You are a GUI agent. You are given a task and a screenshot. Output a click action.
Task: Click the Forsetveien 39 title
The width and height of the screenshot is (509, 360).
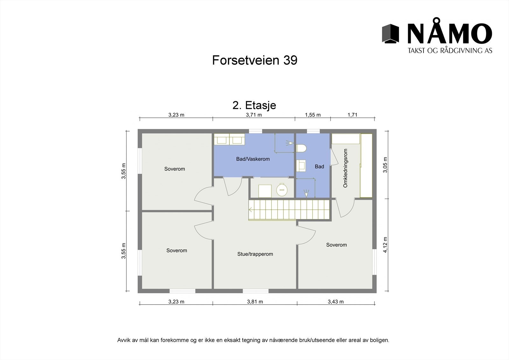[x=254, y=60]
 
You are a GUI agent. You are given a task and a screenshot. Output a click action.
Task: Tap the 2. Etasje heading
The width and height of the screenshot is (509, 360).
[x=254, y=105]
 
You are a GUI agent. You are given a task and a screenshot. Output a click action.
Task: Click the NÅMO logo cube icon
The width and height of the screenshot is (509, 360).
[x=390, y=33]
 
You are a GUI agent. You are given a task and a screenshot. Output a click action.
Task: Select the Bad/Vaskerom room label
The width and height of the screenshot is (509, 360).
[x=253, y=159]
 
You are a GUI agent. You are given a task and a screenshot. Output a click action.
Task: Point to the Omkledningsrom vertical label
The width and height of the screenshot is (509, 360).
[x=345, y=168]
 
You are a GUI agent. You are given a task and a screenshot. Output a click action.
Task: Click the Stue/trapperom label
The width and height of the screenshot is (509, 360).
[x=255, y=254]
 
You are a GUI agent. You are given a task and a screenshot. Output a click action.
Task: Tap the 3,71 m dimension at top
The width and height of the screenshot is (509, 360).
[x=254, y=115]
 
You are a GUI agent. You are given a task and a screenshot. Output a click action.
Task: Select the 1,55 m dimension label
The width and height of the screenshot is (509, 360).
[x=313, y=115]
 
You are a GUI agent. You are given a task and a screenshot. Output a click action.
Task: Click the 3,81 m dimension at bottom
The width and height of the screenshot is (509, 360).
[x=255, y=302]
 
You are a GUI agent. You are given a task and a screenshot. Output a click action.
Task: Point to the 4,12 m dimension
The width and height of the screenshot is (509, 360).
[x=385, y=245]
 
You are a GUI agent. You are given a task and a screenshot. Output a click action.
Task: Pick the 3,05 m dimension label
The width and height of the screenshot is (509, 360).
[x=385, y=165]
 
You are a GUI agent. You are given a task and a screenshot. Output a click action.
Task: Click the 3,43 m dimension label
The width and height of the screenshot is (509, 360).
[x=336, y=302]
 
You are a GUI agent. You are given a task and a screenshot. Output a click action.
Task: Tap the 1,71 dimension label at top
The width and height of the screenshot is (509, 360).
[x=352, y=115]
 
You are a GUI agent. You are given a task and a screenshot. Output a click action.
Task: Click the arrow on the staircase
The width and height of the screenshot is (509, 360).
[x=251, y=210]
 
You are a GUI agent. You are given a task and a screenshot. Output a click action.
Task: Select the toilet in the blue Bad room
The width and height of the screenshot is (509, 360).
[x=301, y=148]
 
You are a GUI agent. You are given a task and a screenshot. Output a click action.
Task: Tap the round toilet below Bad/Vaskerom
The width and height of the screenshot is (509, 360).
[x=281, y=190]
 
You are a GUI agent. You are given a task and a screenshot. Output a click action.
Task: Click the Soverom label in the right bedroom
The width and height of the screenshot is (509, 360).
[x=336, y=245]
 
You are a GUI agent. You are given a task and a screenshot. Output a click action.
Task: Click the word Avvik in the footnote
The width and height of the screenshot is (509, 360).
[x=124, y=340]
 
